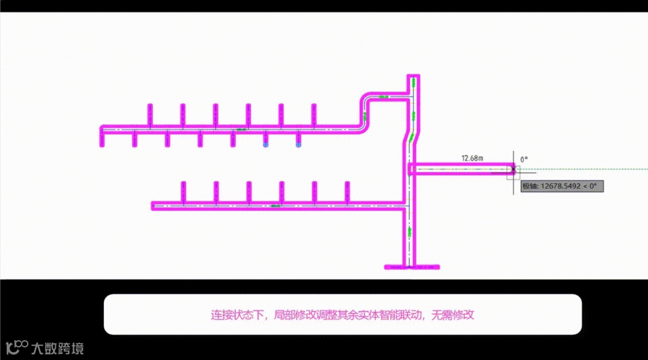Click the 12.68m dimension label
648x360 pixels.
point(472,158)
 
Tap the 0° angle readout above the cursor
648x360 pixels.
point(524,159)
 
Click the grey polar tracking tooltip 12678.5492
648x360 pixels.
point(562,186)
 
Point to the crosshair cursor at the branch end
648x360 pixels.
point(513,170)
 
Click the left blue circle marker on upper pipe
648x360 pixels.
point(265,145)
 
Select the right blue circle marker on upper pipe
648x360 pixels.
point(298,145)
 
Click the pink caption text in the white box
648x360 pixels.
point(342,314)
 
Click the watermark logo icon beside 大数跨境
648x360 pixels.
point(17,347)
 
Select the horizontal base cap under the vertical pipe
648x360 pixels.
point(412,266)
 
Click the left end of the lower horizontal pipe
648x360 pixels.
point(155,206)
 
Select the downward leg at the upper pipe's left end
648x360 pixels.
point(102,138)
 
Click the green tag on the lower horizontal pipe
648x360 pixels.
point(276,206)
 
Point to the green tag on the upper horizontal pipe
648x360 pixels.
point(242,128)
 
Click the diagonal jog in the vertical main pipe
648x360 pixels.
point(411,137)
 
